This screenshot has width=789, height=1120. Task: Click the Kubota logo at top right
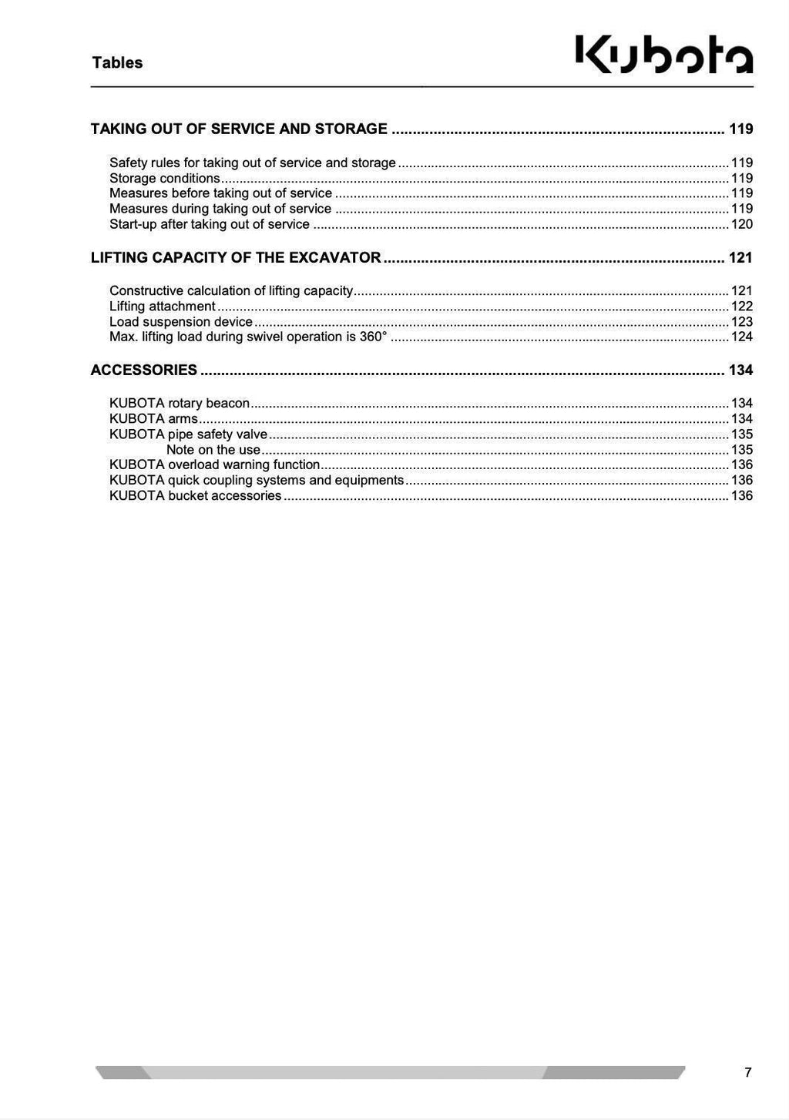pos(664,56)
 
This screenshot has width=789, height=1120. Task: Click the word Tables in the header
pos(117,63)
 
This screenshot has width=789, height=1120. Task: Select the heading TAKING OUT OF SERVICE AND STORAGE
pos(239,129)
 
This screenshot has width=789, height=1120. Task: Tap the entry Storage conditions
pos(164,179)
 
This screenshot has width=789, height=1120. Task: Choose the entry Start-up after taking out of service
pos(209,225)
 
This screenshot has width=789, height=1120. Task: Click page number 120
pos(741,225)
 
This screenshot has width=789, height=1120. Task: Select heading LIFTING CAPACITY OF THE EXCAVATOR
pos(236,258)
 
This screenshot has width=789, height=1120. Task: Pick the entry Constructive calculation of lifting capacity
pos(230,291)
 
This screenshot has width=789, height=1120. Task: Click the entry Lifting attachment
pos(162,307)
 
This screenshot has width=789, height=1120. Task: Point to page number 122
pos(741,307)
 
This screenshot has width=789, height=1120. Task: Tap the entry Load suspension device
pos(180,322)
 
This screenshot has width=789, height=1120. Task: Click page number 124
pos(741,337)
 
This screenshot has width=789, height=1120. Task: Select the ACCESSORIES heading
pos(144,371)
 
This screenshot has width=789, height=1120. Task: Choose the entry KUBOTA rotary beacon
pos(180,404)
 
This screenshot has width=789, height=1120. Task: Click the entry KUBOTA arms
pos(153,419)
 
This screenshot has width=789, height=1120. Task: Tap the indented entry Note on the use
pos(213,450)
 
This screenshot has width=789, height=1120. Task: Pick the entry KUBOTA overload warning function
pos(214,465)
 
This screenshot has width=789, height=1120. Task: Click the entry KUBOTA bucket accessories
pos(195,496)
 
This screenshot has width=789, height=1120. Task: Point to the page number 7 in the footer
pos(747,1072)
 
